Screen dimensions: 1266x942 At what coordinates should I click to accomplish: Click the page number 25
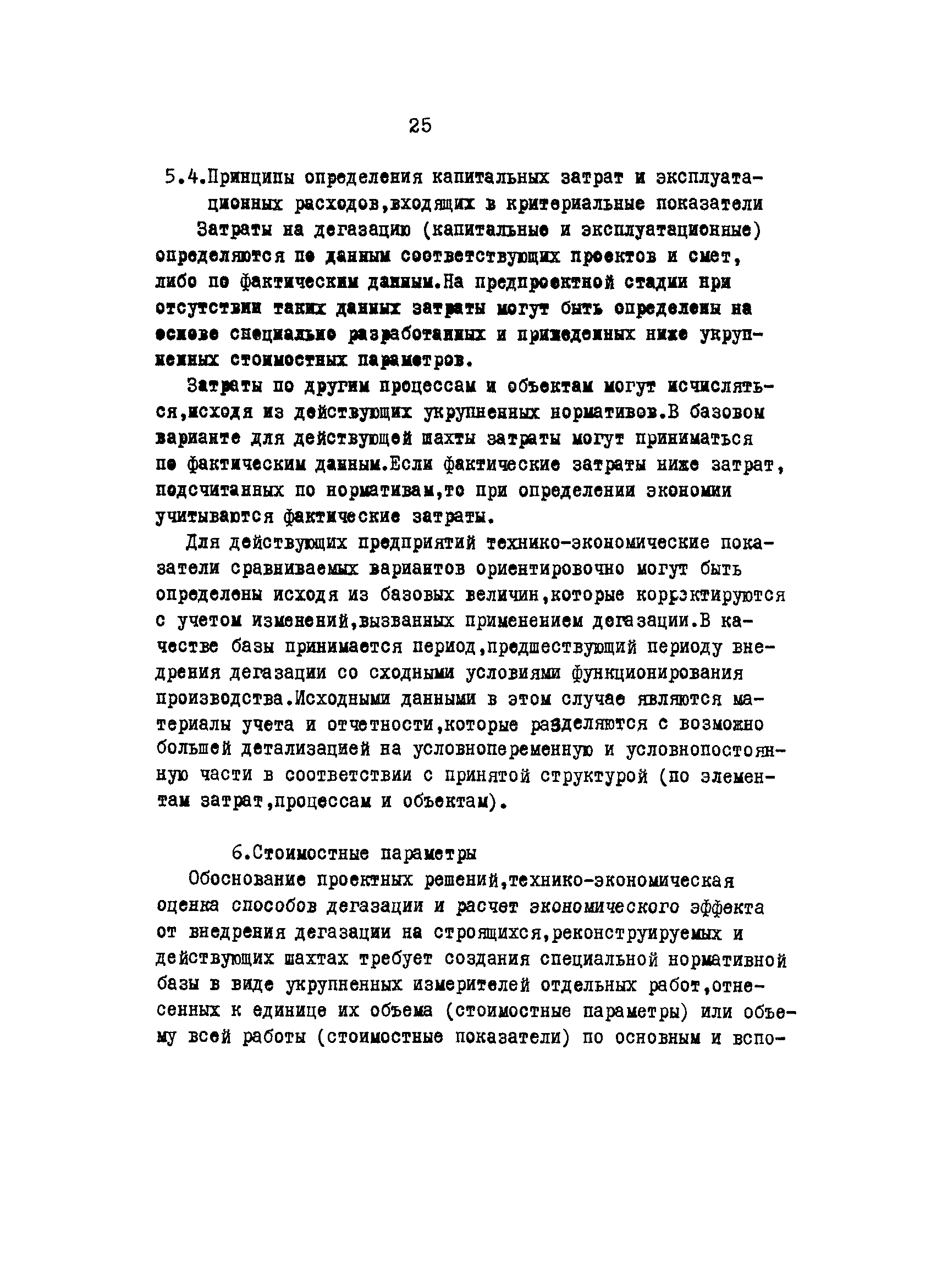[420, 125]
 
